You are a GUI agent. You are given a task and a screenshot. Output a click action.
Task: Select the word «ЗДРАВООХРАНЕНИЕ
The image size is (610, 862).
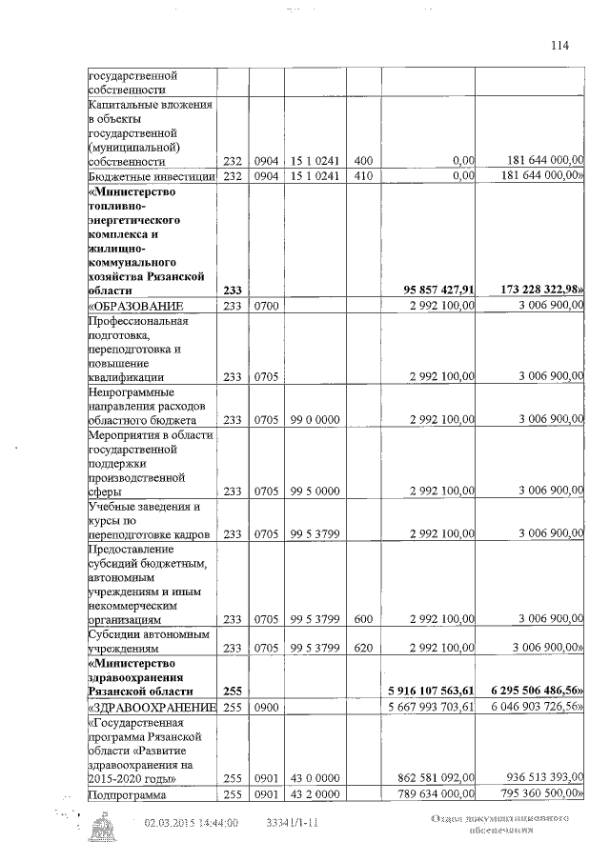click(151, 709)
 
